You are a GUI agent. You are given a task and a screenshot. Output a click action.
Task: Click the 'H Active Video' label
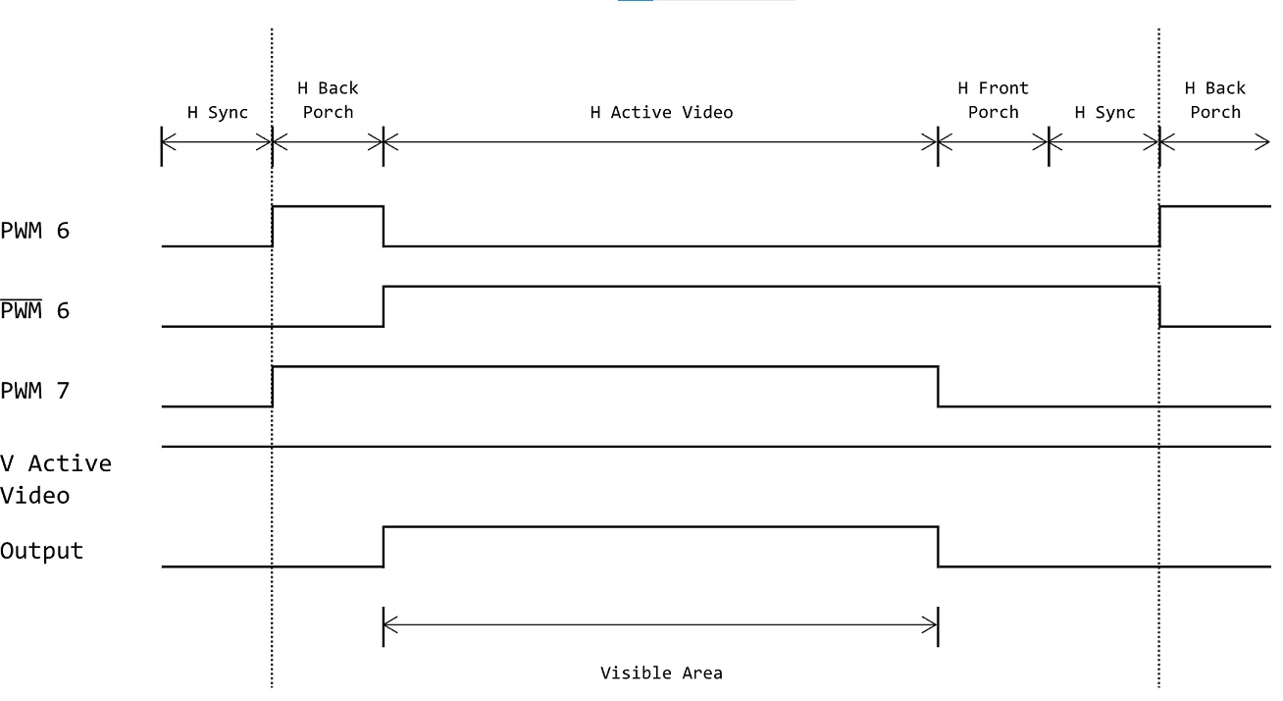(661, 112)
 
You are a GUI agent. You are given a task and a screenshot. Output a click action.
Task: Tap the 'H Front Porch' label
(993, 100)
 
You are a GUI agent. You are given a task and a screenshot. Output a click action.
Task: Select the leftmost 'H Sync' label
(218, 112)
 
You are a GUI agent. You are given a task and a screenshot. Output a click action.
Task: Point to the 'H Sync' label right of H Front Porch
(1104, 112)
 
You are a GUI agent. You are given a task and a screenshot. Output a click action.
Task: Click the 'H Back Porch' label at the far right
(1215, 100)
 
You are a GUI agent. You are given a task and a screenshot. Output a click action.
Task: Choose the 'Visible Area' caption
(661, 673)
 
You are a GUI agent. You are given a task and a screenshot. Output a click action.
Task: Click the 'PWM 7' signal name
(35, 391)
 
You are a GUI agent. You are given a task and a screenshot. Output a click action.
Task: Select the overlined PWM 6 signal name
(35, 311)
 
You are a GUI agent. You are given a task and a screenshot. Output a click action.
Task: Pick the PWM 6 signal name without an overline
(35, 231)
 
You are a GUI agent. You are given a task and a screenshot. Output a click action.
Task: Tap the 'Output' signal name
(41, 551)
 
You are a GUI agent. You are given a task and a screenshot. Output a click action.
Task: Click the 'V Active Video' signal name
(55, 479)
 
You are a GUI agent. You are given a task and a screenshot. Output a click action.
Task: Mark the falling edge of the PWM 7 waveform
(938, 386)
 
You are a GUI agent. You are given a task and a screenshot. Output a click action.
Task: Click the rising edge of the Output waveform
(384, 547)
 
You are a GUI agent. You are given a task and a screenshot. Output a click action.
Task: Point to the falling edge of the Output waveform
(938, 547)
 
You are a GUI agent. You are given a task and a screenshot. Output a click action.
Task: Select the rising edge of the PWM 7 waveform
(273, 386)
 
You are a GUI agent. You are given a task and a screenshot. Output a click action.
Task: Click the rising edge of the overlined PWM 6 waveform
(384, 306)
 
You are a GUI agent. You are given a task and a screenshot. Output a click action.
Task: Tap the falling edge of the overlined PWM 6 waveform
(1159, 306)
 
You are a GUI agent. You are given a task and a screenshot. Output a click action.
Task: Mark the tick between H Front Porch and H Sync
(1049, 144)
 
